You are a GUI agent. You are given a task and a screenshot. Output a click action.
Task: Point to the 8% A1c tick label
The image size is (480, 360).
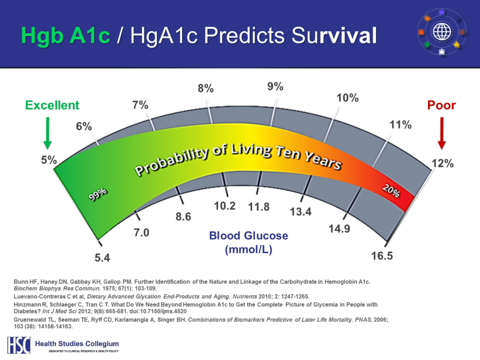[x=205, y=89]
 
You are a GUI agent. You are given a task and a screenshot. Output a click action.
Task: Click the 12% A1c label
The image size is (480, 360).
[x=442, y=164]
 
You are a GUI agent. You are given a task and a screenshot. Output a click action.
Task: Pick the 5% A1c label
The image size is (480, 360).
[x=48, y=160]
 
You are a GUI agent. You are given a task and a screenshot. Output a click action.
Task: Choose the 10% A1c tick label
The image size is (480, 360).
[x=348, y=98]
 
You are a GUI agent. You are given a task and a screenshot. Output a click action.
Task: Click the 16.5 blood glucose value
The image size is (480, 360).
[x=382, y=256]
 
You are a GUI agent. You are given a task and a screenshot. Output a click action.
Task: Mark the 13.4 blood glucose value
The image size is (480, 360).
[x=300, y=212]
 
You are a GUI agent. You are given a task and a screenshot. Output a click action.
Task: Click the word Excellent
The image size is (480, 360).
[x=52, y=105]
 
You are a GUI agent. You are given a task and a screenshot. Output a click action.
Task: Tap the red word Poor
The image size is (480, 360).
[x=441, y=105]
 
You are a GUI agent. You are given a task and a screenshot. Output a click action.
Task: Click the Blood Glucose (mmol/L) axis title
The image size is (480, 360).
[x=248, y=242]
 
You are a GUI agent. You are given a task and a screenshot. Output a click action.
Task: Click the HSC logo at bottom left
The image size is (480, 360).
[x=19, y=345]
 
